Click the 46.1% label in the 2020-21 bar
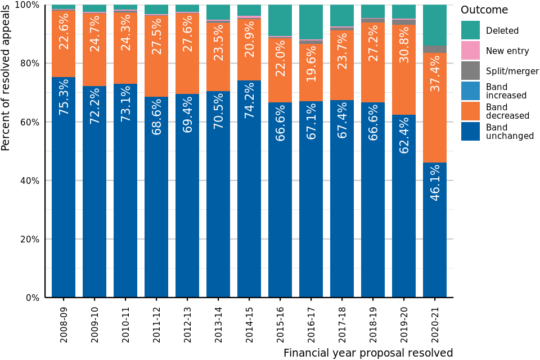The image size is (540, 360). (435, 182)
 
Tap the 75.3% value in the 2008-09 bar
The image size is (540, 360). (64, 97)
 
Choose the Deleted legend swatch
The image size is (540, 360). (470, 30)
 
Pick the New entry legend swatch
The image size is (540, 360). (470, 51)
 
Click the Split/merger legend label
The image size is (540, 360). (512, 71)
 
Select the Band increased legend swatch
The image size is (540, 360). (470, 91)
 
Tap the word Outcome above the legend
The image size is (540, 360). (484, 10)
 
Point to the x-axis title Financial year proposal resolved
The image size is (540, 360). (368, 353)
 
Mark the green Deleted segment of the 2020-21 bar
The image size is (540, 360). (435, 25)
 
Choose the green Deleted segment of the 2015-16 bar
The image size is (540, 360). (280, 20)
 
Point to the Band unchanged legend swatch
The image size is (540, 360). (470, 132)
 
